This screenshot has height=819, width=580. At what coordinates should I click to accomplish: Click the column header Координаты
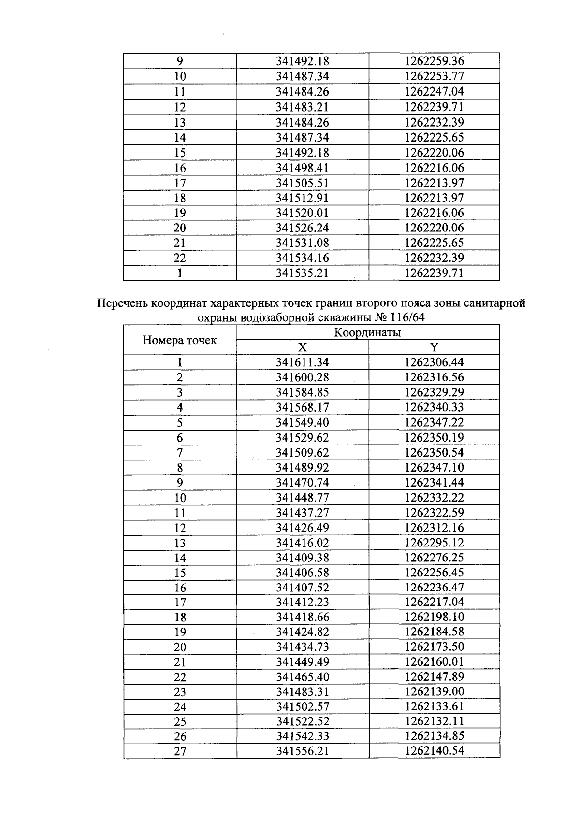[x=367, y=332]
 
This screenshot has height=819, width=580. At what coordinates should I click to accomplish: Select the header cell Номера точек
[x=179, y=340]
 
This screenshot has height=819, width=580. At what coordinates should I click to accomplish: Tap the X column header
[x=302, y=347]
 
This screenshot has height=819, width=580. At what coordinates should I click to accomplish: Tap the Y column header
[x=434, y=347]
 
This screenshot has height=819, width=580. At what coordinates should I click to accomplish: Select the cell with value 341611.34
[x=302, y=362]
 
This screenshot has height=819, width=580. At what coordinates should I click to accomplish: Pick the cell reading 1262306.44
[x=434, y=362]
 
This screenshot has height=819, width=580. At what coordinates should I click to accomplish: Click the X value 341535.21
[x=302, y=273]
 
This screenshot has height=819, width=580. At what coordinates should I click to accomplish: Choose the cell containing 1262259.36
[x=434, y=61]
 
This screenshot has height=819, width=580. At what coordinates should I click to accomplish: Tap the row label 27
[x=180, y=752]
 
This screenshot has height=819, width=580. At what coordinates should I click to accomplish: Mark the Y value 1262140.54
[x=434, y=751]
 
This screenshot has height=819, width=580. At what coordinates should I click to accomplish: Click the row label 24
[x=180, y=707]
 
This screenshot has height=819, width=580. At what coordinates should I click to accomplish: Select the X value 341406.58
[x=302, y=573]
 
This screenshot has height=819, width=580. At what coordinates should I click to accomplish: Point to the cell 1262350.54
[x=434, y=453]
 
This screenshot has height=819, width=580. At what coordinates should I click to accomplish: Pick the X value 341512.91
[x=302, y=198]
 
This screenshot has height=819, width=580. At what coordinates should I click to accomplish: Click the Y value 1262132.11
[x=434, y=721]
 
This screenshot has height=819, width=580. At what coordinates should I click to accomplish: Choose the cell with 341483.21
[x=302, y=107]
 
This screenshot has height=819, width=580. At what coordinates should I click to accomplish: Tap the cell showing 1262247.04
[x=434, y=92]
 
